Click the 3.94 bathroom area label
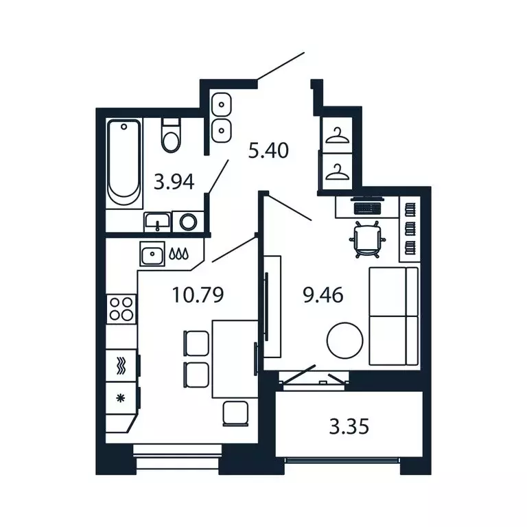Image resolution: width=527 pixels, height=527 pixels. click(174, 182)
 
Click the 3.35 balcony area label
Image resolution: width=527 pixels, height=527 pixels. click(349, 427)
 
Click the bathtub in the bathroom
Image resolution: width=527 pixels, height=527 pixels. click(125, 161)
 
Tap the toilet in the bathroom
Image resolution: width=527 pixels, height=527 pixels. click(171, 135)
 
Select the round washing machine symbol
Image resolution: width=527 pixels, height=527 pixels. click(187, 222)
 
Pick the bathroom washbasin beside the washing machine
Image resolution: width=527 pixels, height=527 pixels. click(158, 222)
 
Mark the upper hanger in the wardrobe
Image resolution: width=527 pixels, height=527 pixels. click(337, 137)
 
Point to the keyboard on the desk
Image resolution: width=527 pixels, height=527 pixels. click(365, 205)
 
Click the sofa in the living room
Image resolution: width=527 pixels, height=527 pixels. click(393, 316)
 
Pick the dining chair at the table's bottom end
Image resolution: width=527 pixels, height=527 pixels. click(236, 412)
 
